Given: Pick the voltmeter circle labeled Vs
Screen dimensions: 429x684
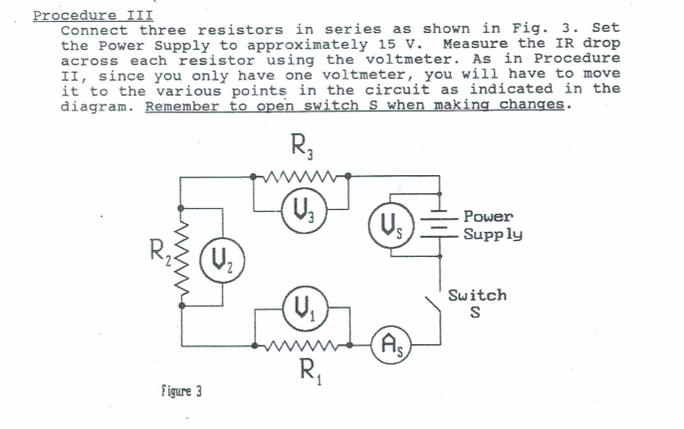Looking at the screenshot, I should (x=384, y=226).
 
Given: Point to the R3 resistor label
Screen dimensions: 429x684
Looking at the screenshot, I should (x=302, y=155).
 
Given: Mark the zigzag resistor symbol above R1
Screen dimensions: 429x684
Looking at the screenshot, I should (x=303, y=347).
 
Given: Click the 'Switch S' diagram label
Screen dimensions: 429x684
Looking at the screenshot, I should (x=477, y=304).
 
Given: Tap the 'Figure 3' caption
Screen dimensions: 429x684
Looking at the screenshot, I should (x=178, y=392).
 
